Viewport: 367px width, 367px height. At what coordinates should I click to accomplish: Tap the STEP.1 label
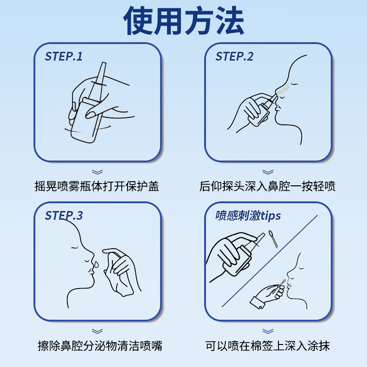point(64,56)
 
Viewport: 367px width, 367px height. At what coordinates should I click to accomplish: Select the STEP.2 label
point(234,56)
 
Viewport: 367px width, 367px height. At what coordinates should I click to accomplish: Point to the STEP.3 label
point(64,215)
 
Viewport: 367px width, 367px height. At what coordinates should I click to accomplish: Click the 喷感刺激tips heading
point(248,215)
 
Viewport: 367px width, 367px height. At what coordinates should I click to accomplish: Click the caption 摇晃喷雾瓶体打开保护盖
point(97,187)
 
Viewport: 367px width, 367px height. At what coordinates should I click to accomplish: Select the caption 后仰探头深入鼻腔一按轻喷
point(267,187)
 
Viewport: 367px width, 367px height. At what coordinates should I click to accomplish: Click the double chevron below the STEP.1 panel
point(97,172)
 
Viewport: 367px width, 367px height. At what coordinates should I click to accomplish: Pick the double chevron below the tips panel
point(267,331)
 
